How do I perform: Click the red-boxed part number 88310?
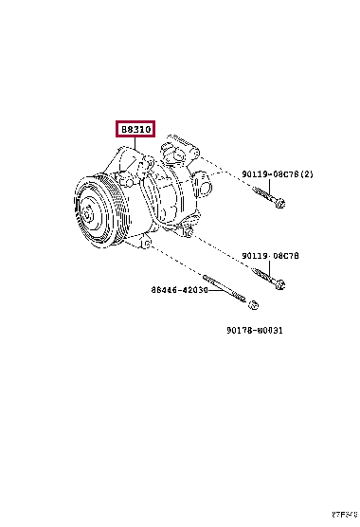pos(135,130)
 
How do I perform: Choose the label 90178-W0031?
pos(255,331)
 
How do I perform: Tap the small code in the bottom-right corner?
pos(343,516)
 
